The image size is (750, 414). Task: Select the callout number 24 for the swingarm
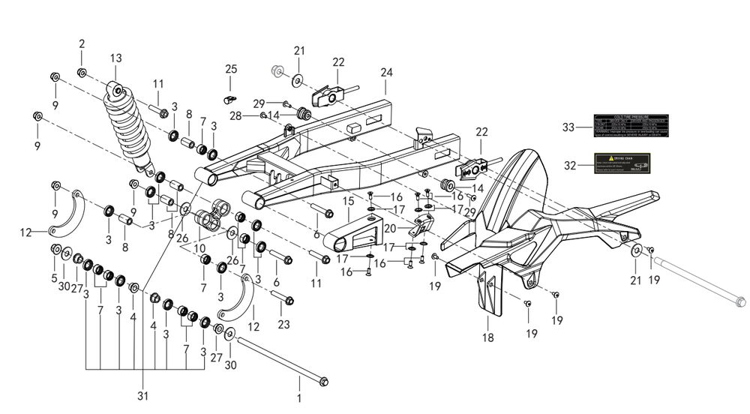pyautogui.click(x=386, y=73)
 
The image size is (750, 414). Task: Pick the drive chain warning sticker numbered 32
pyautogui.click(x=628, y=163)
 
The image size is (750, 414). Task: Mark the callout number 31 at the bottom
pyautogui.click(x=142, y=396)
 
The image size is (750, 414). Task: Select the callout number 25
pyautogui.click(x=231, y=69)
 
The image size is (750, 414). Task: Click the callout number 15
pyautogui.click(x=348, y=201)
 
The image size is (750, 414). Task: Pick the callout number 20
pyautogui.click(x=390, y=228)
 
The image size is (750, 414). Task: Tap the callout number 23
pyautogui.click(x=283, y=325)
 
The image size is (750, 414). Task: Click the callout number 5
pyautogui.click(x=54, y=278)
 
